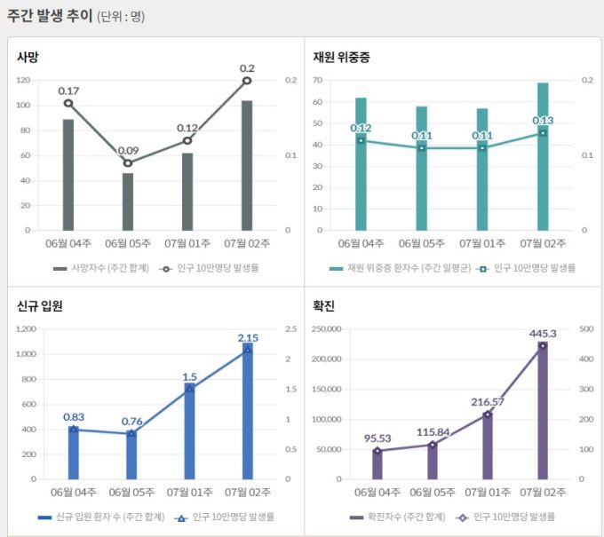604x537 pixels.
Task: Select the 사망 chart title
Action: pyautogui.click(x=28, y=57)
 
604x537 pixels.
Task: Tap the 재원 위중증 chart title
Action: pyautogui.click(x=341, y=57)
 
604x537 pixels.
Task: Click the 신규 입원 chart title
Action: pyautogui.click(x=39, y=306)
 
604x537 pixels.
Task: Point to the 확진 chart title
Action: pyautogui.click(x=323, y=306)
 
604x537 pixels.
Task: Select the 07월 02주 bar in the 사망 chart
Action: pyautogui.click(x=247, y=165)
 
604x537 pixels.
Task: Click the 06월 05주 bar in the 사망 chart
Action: pyautogui.click(x=128, y=201)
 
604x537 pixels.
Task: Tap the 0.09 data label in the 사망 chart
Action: pyautogui.click(x=128, y=150)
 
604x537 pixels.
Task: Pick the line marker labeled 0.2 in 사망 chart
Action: pyautogui.click(x=247, y=81)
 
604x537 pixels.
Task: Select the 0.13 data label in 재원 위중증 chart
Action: pyautogui.click(x=543, y=120)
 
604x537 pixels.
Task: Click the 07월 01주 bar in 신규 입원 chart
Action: pyautogui.click(x=190, y=431)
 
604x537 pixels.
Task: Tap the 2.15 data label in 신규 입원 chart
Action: pyautogui.click(x=248, y=337)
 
